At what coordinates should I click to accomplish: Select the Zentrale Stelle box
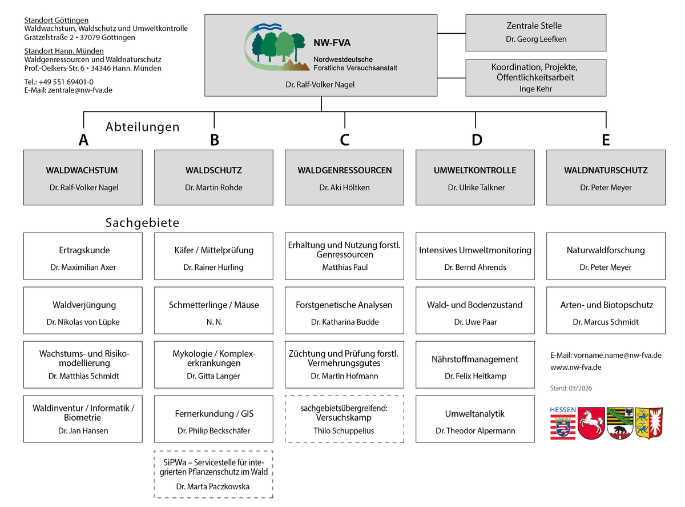(x=536, y=33)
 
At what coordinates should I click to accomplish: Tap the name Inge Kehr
(x=535, y=89)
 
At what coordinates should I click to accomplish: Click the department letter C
(x=344, y=140)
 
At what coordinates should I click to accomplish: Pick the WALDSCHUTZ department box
(x=213, y=177)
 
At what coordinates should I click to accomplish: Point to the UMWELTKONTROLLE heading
(x=475, y=170)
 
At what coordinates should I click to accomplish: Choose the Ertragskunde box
(x=83, y=256)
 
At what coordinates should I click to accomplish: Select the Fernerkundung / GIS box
(x=213, y=419)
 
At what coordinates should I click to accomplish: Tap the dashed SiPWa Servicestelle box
(x=213, y=474)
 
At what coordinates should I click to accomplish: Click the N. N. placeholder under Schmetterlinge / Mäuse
(x=214, y=322)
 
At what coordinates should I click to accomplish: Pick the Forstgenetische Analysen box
(x=344, y=310)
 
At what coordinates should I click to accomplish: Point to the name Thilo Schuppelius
(x=344, y=430)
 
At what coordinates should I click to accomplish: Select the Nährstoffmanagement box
(x=475, y=365)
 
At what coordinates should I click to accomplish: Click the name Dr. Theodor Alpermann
(x=475, y=430)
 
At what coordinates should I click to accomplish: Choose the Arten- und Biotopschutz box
(x=606, y=310)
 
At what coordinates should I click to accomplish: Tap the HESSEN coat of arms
(x=563, y=424)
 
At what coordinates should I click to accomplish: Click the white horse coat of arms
(x=591, y=424)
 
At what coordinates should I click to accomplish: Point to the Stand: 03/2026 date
(x=571, y=388)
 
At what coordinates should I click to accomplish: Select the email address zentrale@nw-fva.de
(x=80, y=90)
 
